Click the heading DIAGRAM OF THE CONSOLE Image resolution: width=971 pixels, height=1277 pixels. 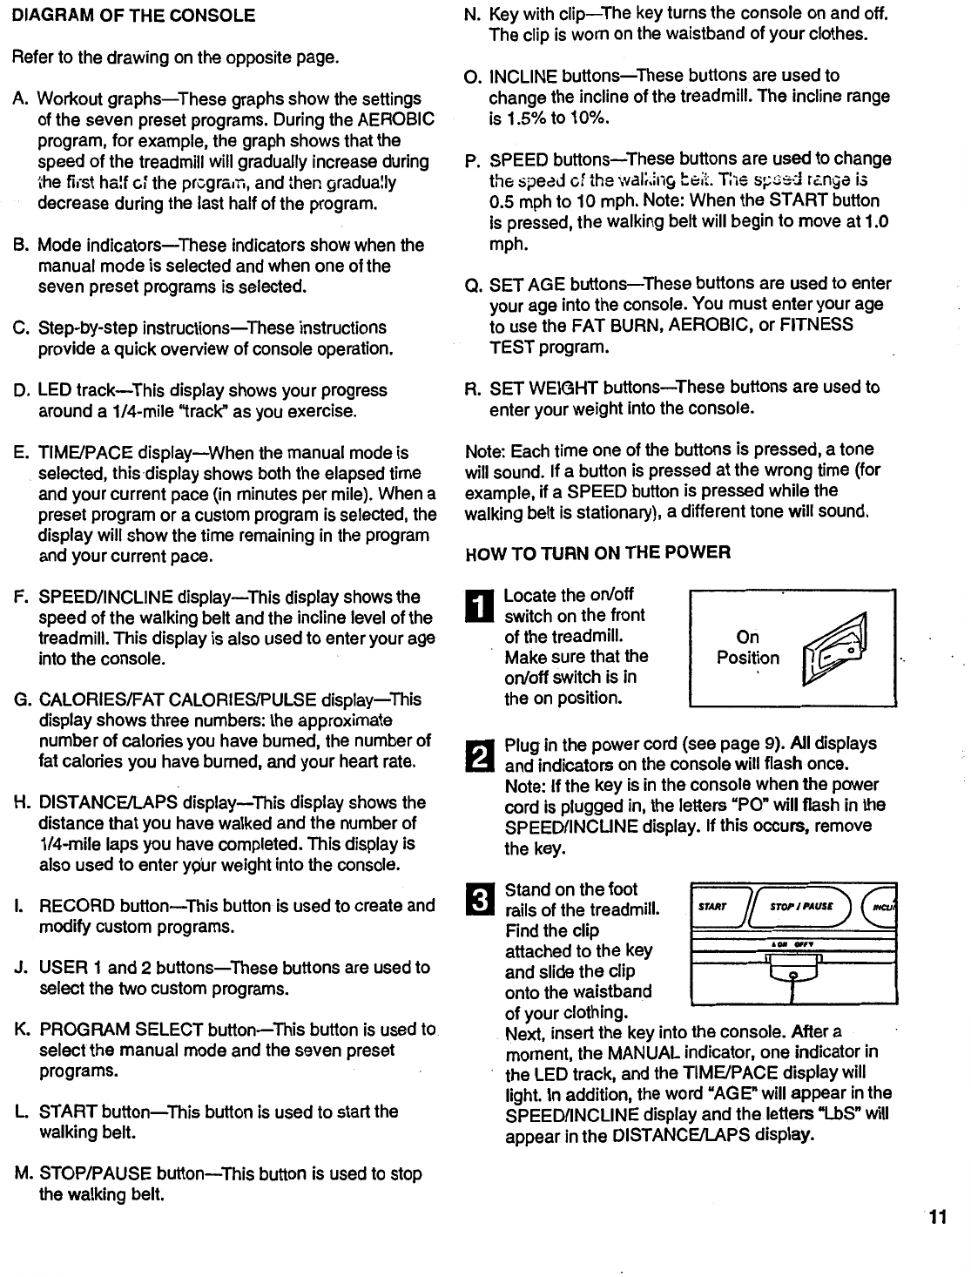133,16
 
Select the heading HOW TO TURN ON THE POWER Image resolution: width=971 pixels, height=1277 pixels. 598,553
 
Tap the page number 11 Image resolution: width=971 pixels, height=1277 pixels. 937,1218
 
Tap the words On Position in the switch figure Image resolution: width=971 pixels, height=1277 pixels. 748,647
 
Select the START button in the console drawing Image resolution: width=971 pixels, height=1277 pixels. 713,906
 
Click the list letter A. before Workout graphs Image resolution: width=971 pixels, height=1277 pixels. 22,99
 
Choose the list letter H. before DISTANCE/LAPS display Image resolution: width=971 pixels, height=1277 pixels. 23,803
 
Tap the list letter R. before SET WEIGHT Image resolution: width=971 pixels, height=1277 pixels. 473,388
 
